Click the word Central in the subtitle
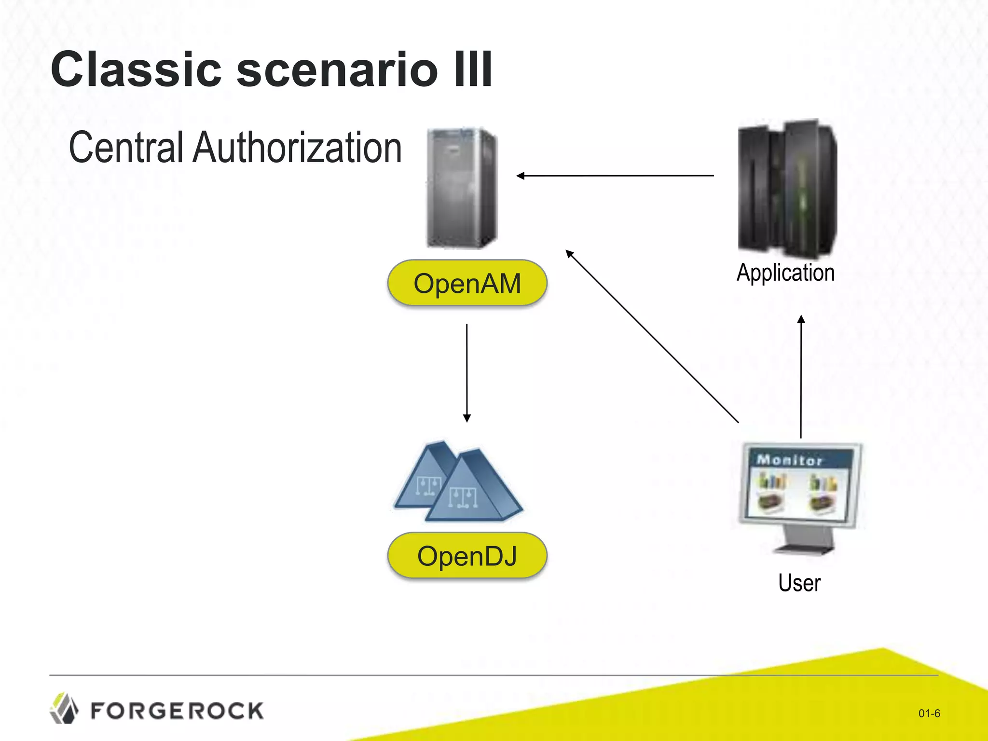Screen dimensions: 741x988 pos(126,148)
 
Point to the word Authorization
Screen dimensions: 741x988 pos(297,148)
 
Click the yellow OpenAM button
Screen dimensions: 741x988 pos(467,283)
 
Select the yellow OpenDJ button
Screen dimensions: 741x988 pos(467,556)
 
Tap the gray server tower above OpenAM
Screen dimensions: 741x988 pos(462,188)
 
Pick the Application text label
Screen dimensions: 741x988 pos(785,273)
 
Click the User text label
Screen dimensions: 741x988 pos(799,583)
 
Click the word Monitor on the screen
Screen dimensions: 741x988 pos(789,460)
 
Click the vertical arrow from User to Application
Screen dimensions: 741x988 pos(801,376)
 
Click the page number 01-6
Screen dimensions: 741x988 pos(929,714)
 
